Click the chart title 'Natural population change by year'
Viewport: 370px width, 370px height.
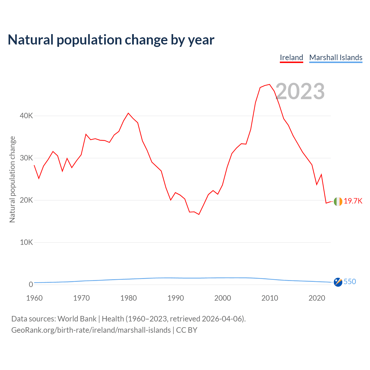(x=111, y=40)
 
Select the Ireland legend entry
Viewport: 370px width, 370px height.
(x=291, y=58)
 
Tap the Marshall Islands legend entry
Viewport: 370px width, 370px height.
(x=336, y=58)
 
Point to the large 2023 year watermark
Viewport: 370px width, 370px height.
(x=300, y=91)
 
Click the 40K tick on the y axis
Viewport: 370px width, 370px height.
(x=26, y=116)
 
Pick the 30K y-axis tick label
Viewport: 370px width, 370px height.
(x=26, y=158)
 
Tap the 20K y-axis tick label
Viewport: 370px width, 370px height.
(x=26, y=200)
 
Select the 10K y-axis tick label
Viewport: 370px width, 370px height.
(x=26, y=243)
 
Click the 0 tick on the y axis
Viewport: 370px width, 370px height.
(x=31, y=285)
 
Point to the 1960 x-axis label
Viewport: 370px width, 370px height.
(x=34, y=298)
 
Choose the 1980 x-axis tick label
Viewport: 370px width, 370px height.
(x=129, y=298)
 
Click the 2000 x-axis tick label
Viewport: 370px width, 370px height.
(x=223, y=298)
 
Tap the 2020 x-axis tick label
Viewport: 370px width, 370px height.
(x=317, y=298)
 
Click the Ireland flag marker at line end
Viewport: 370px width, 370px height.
(x=338, y=201)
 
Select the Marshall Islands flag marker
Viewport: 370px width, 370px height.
(x=338, y=282)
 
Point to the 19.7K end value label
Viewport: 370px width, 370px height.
(x=353, y=201)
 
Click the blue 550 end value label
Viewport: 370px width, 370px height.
(x=350, y=282)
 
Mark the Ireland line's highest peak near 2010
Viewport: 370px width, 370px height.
(x=269, y=84)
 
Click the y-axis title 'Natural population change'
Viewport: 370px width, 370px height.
(x=12, y=180)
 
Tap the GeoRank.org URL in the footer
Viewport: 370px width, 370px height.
(x=91, y=330)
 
